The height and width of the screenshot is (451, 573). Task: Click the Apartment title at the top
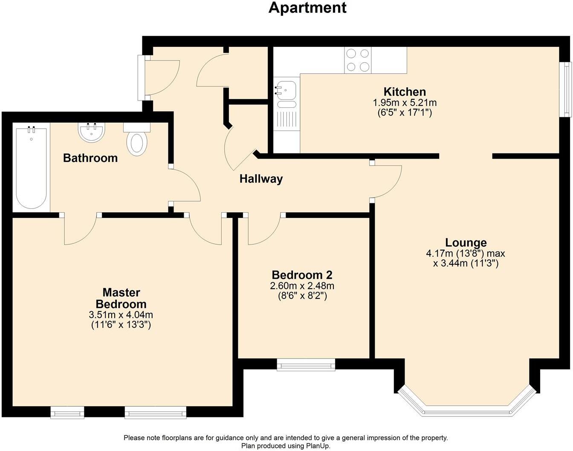(x=307, y=8)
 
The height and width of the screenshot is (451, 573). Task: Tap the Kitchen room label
(x=405, y=92)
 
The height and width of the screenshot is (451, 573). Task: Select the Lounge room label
(x=466, y=243)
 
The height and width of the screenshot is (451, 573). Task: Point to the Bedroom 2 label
(x=302, y=275)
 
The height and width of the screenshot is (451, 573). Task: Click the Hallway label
(x=261, y=179)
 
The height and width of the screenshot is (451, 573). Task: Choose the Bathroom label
(x=90, y=158)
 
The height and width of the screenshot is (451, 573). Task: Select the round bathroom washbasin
(x=91, y=132)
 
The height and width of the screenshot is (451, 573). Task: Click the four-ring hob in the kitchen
(x=358, y=60)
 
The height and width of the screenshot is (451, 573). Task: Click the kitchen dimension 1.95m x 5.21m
(x=405, y=103)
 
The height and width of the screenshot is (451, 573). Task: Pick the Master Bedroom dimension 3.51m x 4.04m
(x=121, y=315)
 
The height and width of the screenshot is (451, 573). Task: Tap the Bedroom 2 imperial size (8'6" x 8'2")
(x=302, y=296)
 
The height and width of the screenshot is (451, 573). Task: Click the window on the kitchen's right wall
(x=566, y=89)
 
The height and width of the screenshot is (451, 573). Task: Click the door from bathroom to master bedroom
(x=81, y=230)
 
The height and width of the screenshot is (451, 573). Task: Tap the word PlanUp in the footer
(x=318, y=446)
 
